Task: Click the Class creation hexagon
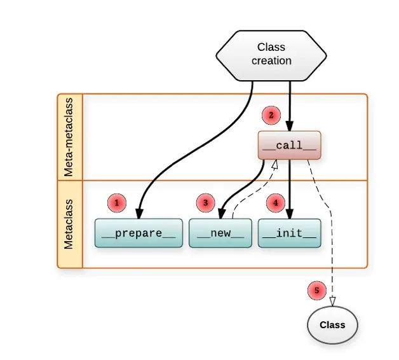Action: (271, 55)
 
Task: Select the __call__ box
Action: (289, 146)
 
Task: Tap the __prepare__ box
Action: (139, 233)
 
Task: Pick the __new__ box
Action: (220, 233)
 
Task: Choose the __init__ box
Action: (289, 233)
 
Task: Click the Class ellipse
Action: (332, 325)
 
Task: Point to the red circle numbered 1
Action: (117, 204)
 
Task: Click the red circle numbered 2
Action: (271, 116)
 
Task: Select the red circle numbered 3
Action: (205, 204)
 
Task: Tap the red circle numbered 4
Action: (275, 204)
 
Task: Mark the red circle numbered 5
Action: (316, 291)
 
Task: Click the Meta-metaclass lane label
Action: (70, 137)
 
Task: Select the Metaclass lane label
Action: (70, 224)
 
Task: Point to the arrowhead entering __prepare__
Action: (139, 214)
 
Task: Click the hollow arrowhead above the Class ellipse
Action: (332, 301)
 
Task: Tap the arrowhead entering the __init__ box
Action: (290, 214)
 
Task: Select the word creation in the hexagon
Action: (271, 61)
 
